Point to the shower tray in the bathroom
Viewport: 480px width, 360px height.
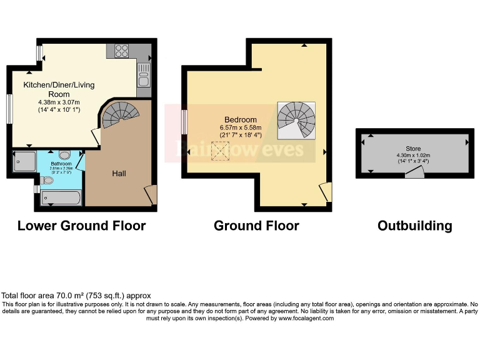tap(24, 162)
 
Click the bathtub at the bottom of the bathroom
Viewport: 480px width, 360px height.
tap(61, 199)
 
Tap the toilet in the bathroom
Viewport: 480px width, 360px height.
tap(47, 181)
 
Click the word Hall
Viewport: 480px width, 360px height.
tap(119, 173)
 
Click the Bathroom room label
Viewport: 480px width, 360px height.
tap(62, 164)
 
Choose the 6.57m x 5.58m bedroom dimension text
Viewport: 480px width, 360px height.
tap(241, 127)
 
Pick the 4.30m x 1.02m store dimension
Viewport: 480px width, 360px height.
tap(413, 154)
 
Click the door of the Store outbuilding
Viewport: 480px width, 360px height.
tap(414, 174)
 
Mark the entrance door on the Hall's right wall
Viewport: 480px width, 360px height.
tap(151, 194)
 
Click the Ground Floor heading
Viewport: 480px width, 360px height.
tap(256, 226)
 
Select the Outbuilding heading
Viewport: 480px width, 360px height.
tap(414, 226)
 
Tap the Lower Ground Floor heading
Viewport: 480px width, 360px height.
tap(81, 226)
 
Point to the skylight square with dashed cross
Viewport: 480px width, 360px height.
tap(221, 151)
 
